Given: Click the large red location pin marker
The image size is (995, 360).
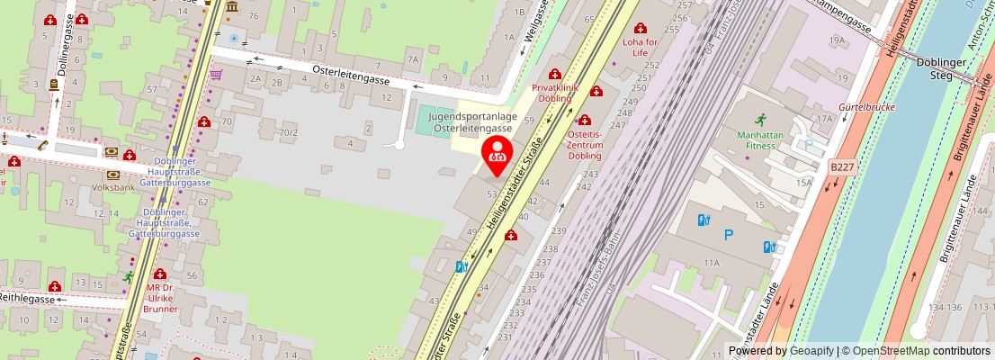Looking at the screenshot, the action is pyautogui.click(x=497, y=152).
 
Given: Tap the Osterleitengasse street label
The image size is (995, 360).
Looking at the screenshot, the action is pyautogui.click(x=351, y=79).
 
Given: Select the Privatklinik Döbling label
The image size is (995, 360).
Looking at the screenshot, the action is pyautogui.click(x=555, y=93).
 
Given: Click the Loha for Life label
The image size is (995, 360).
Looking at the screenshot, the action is pyautogui.click(x=640, y=47).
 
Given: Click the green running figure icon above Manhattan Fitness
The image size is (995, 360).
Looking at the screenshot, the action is pyautogui.click(x=761, y=119).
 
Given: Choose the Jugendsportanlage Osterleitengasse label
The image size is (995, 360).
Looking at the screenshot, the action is pyautogui.click(x=472, y=122).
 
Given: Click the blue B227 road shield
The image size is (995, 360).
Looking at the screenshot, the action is pyautogui.click(x=842, y=166).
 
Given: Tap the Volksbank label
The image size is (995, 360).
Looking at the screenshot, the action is pyautogui.click(x=113, y=188).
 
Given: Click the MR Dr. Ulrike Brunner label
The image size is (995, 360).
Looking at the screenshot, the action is pyautogui.click(x=160, y=299).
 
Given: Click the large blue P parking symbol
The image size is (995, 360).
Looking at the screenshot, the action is pyautogui.click(x=728, y=236).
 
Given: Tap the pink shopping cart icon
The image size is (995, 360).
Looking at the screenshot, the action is pyautogui.click(x=216, y=75).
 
